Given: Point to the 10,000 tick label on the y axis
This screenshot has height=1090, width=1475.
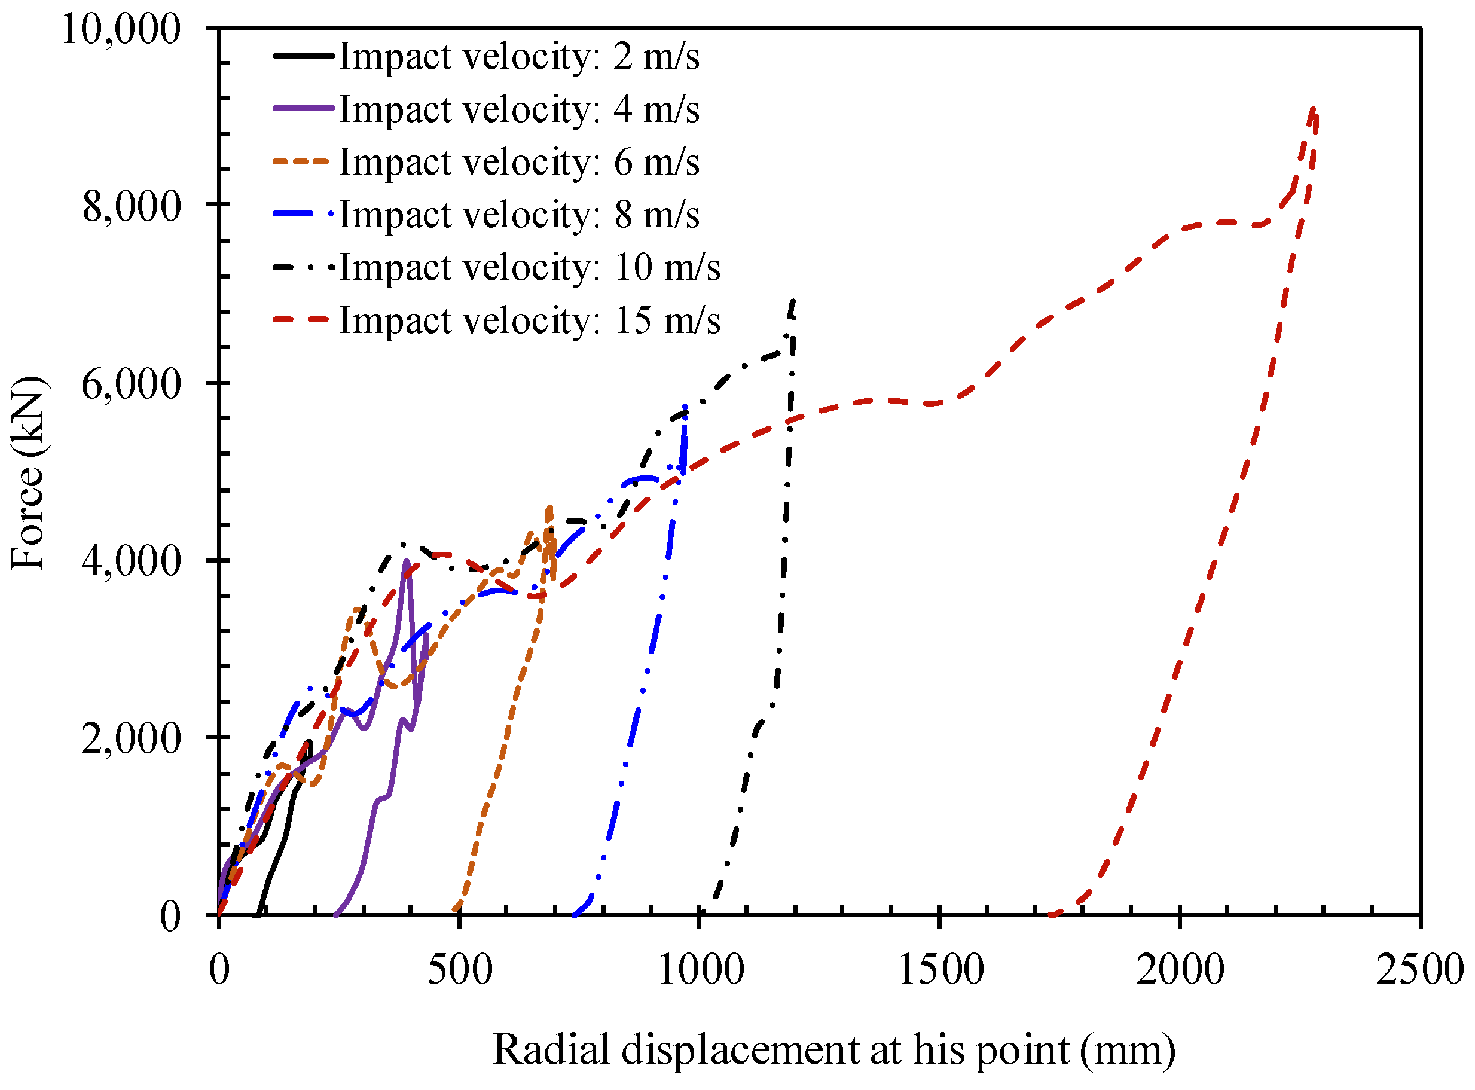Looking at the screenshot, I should (121, 29).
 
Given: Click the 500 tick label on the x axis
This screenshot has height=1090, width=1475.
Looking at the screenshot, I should (460, 970).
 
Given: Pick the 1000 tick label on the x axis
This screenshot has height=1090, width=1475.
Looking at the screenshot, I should (701, 970).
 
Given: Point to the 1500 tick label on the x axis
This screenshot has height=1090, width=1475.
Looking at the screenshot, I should (940, 970).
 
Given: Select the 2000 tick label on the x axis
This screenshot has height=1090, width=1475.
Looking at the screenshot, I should (1181, 970).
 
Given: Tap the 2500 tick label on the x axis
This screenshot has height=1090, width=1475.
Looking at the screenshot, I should (1419, 970).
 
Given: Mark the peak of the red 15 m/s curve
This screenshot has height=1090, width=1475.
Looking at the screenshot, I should (1314, 109).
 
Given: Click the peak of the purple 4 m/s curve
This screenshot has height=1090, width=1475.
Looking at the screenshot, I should (407, 561).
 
